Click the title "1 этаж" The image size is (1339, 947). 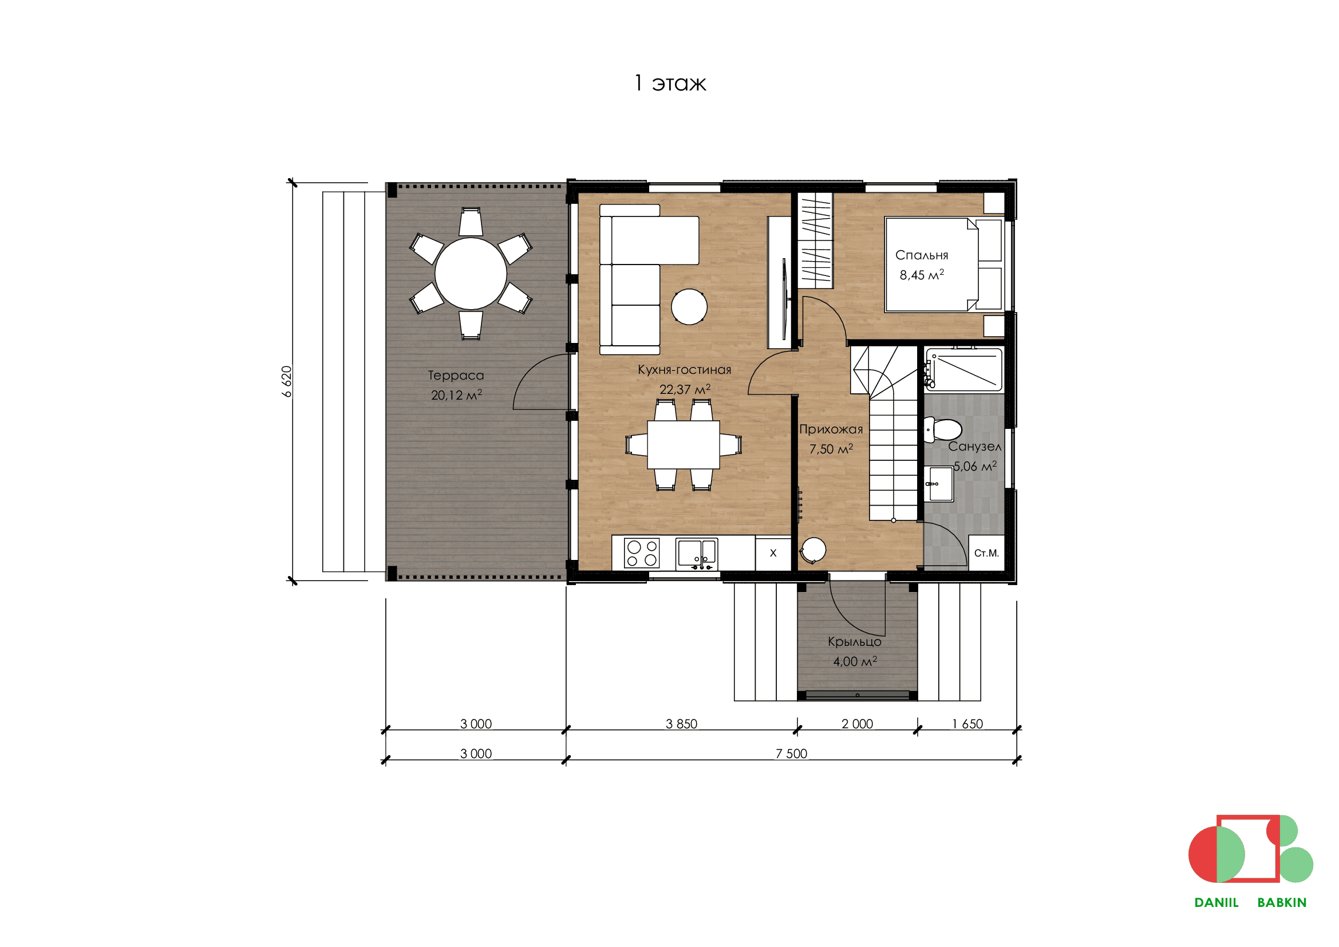coord(670,83)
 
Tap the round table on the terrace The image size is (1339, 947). coord(471,274)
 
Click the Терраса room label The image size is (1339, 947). coord(456,376)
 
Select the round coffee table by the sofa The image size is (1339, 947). coord(689,306)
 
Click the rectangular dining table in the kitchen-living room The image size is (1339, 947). coord(683,445)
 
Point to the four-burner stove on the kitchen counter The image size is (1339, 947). coord(642,553)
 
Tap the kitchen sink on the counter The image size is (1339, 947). coord(696,554)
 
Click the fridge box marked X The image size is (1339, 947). coord(773,553)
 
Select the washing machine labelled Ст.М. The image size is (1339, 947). coord(987,553)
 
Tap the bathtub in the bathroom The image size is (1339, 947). coord(964,370)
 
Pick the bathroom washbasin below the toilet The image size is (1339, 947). coord(939,483)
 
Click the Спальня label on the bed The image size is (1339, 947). coord(922,255)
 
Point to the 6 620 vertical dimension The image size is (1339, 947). coord(286,381)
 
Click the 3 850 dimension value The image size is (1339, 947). coord(681,724)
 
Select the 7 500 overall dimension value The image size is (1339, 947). coord(791,753)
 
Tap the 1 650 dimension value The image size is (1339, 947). coord(967,724)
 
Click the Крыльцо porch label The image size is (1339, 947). coord(854,642)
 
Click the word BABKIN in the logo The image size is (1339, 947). coord(1282,902)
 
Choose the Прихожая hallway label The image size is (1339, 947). coord(831,430)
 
